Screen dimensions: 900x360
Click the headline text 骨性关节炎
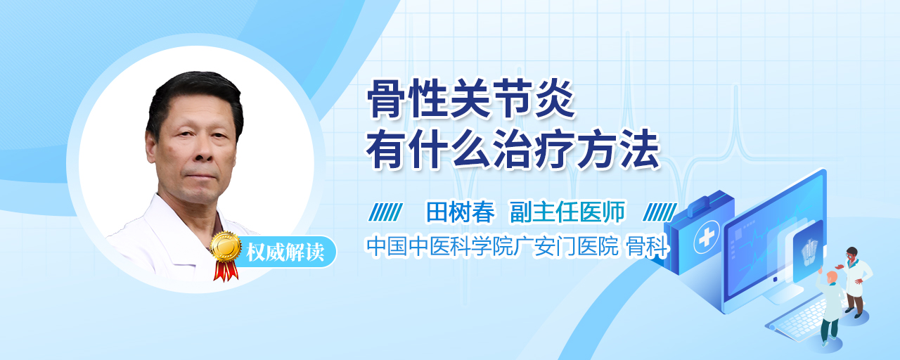[x=470, y=98]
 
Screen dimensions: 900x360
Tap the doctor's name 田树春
[x=461, y=212]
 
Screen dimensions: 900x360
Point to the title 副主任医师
[x=567, y=212]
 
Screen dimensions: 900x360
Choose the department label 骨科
[x=648, y=246]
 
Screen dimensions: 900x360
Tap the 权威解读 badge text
[x=285, y=252]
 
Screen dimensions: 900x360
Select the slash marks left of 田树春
[x=386, y=212]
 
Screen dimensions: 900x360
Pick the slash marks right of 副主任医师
[x=660, y=212]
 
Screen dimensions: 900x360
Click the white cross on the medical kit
[x=707, y=237]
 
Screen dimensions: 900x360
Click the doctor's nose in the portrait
[x=204, y=153]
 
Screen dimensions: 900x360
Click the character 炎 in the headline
[x=555, y=98]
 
